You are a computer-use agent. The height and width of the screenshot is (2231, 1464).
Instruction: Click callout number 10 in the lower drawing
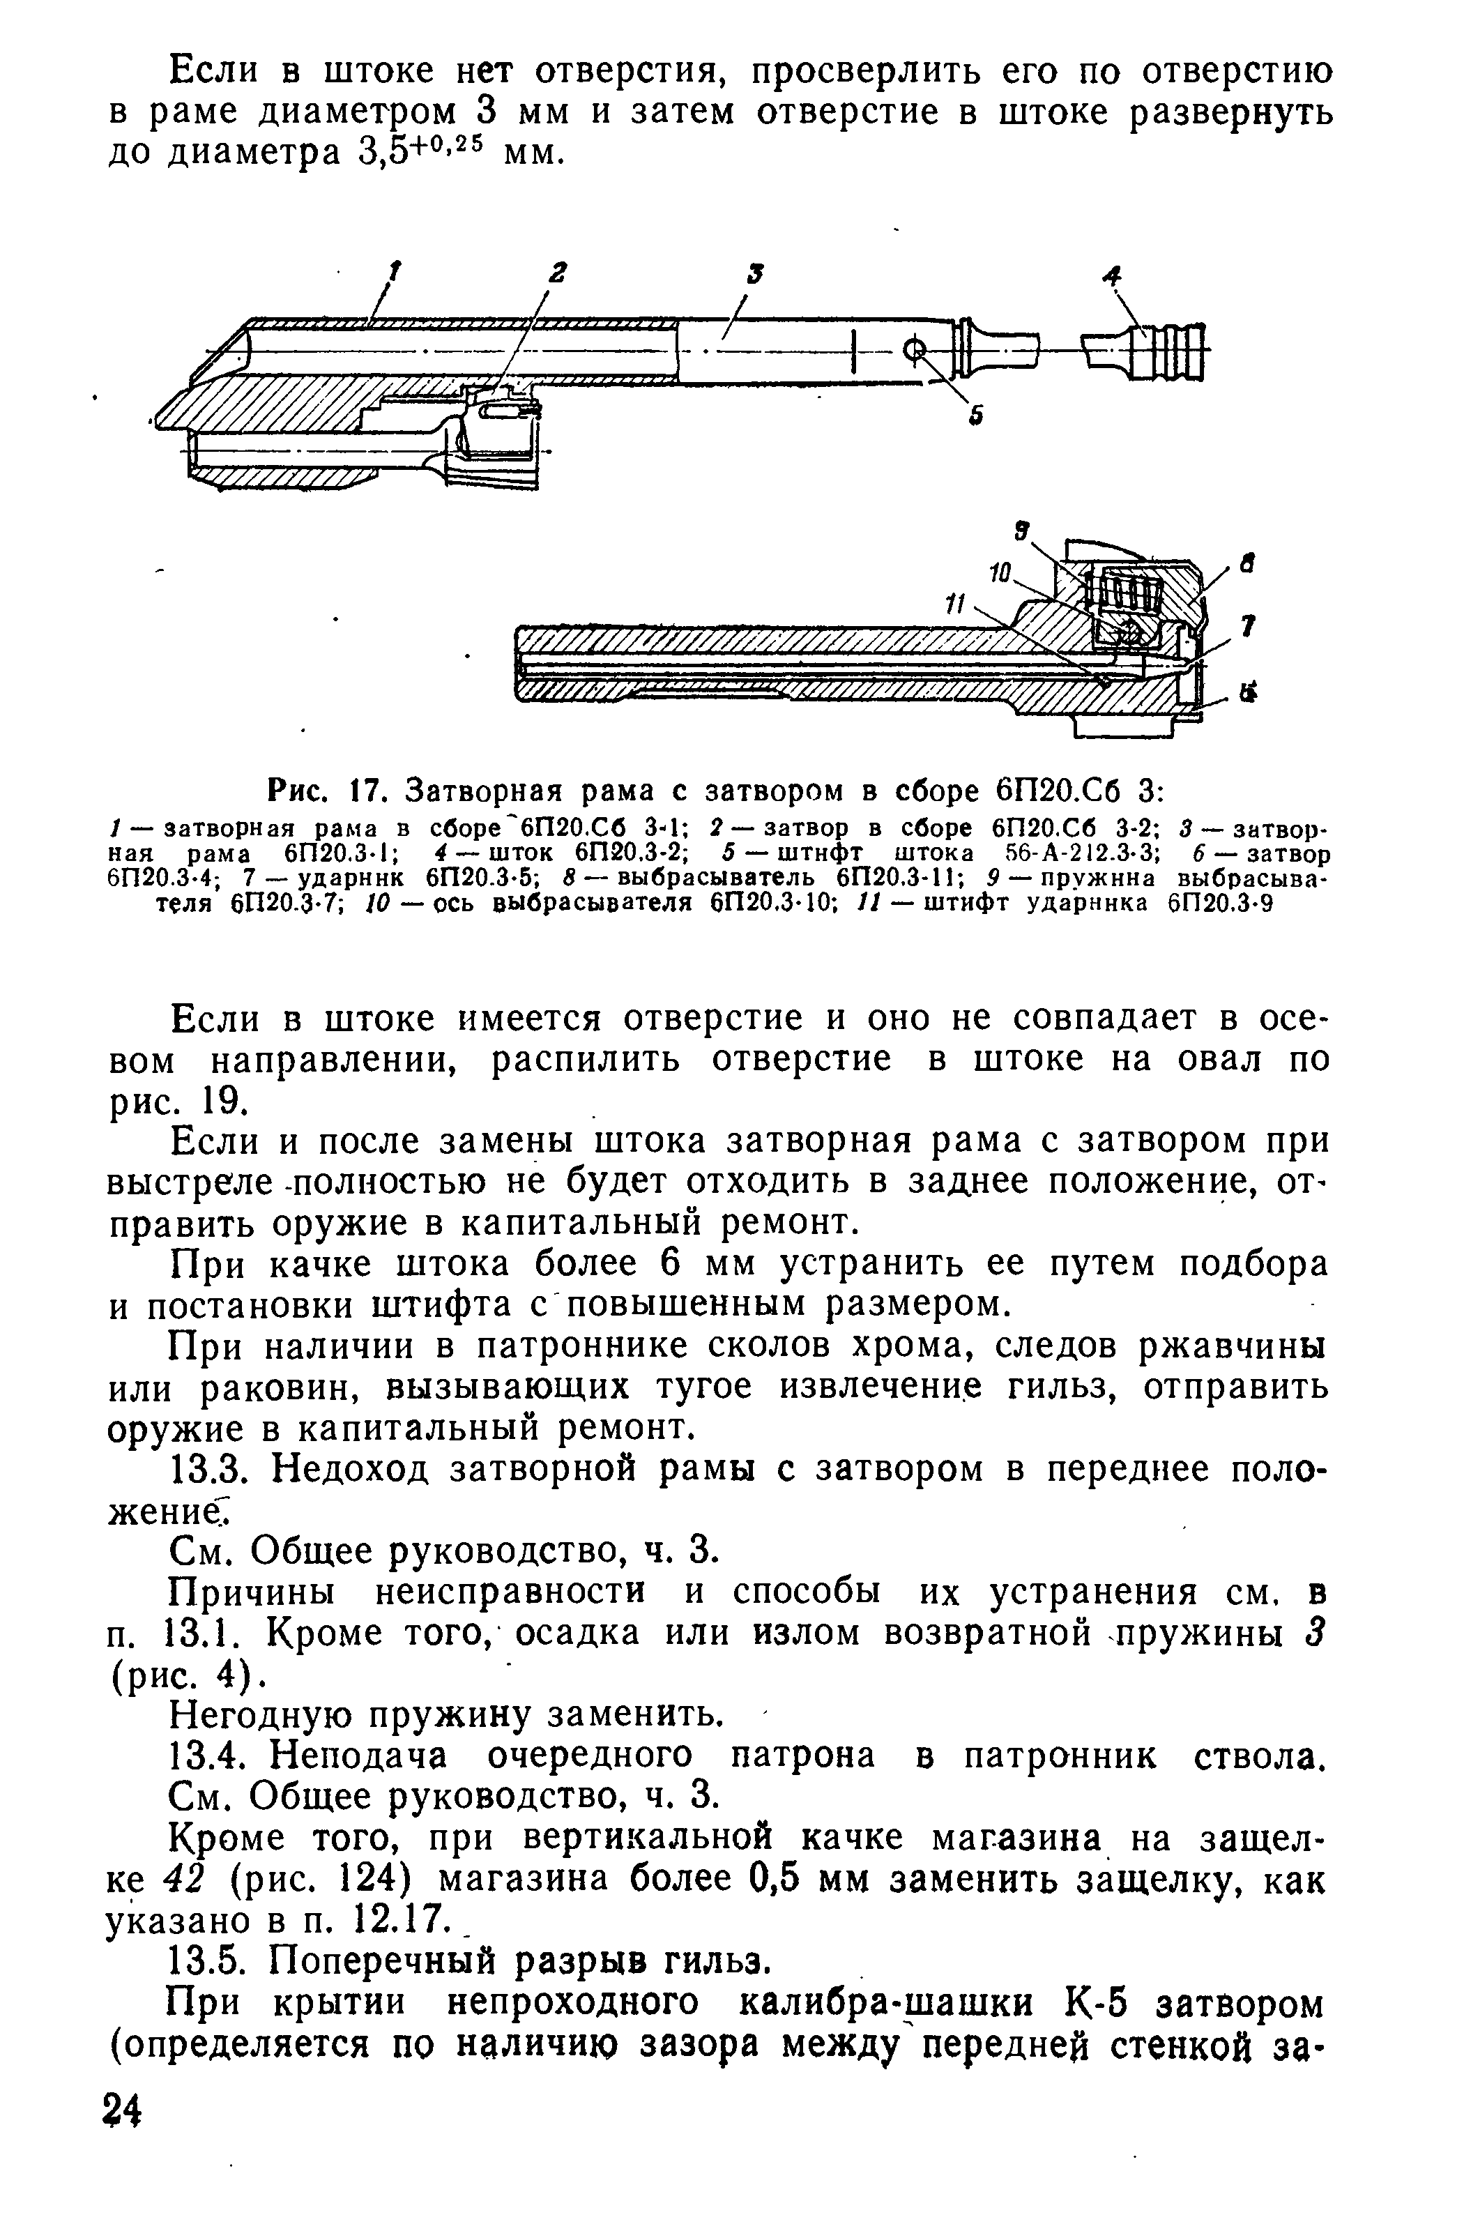click(1001, 571)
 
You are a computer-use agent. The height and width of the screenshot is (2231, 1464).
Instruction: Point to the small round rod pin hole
click(913, 351)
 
